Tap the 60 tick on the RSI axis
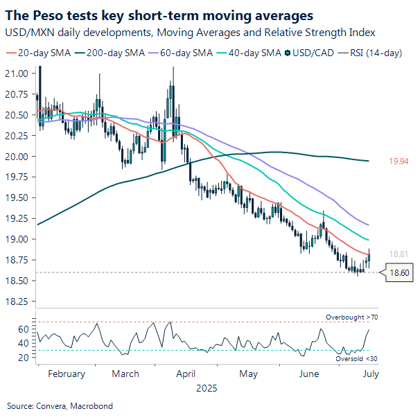(x=22, y=329)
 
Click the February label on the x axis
(x=67, y=374)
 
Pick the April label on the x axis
(x=185, y=374)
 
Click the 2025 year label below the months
(x=207, y=388)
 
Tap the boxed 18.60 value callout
(x=399, y=274)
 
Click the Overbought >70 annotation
(x=351, y=317)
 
